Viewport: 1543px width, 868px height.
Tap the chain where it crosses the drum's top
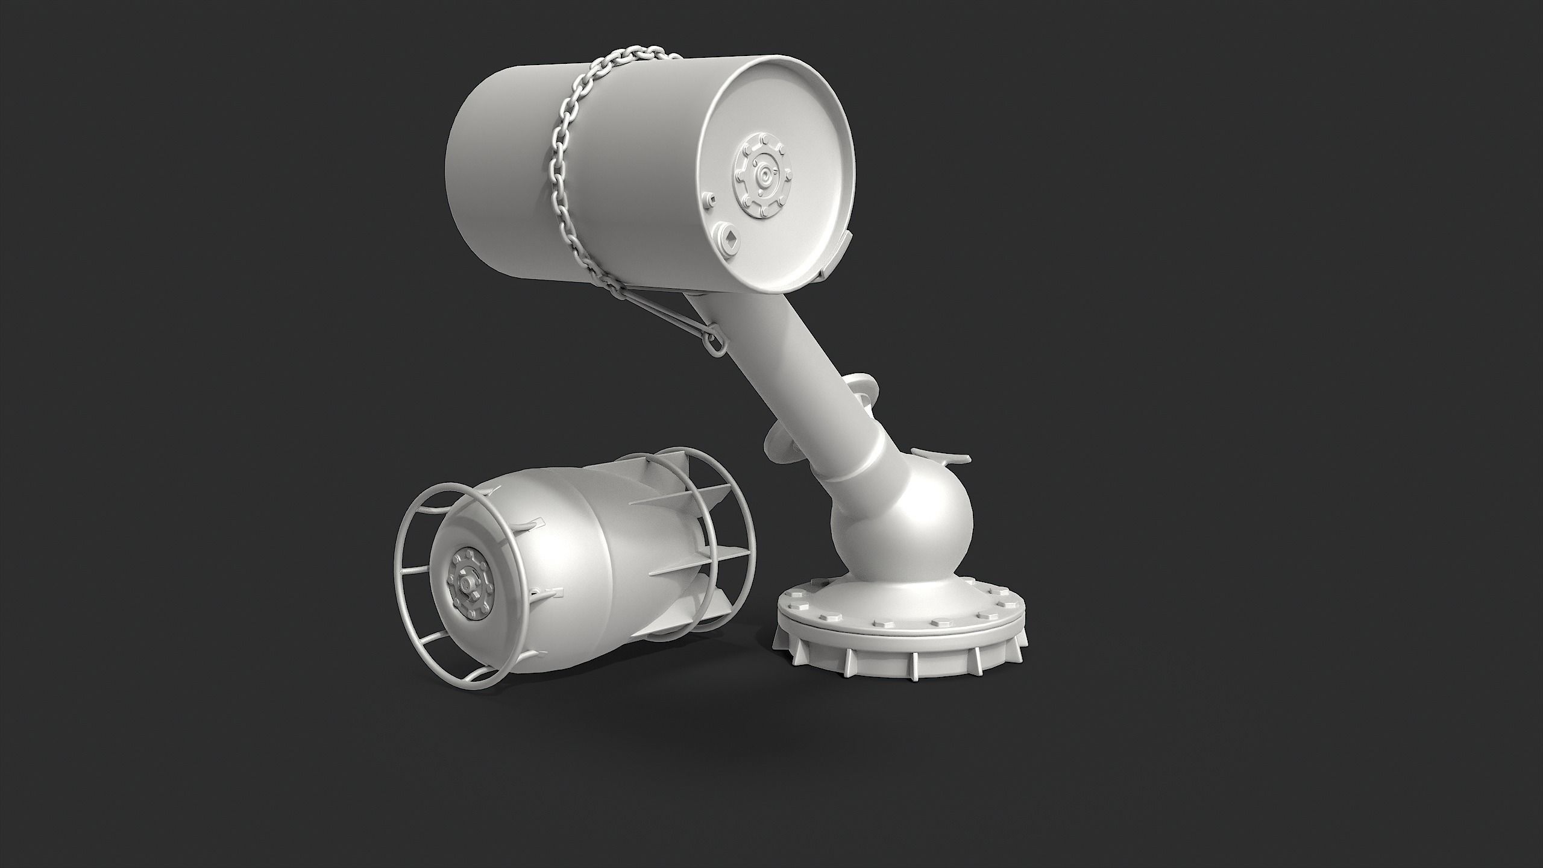(x=627, y=66)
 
